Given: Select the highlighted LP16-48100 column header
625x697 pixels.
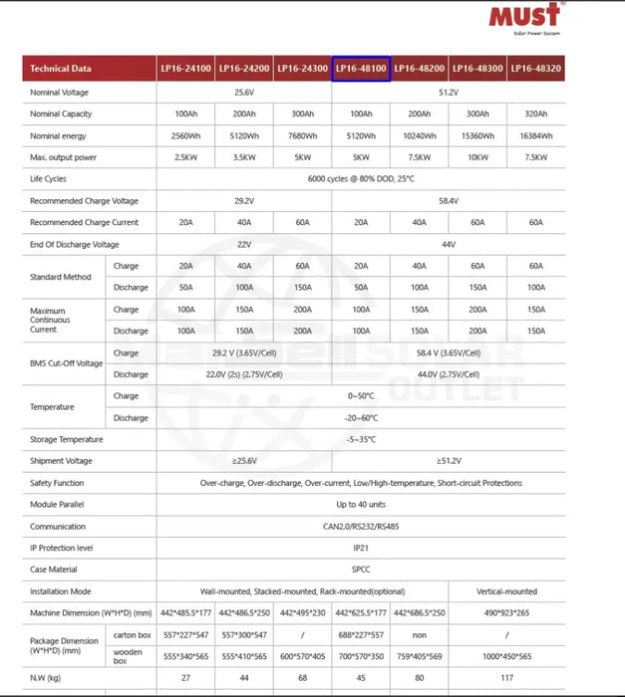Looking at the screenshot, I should point(361,69).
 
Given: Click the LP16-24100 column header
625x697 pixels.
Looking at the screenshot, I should point(185,69).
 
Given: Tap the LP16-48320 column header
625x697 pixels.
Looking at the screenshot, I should point(535,69).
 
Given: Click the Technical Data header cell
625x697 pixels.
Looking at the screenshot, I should point(61,69).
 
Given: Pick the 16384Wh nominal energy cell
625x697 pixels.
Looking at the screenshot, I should point(535,135).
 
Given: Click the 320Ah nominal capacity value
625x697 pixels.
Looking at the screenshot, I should point(535,114).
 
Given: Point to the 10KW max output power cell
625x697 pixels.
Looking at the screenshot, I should point(477,157).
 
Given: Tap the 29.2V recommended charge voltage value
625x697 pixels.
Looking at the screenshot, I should point(243,201).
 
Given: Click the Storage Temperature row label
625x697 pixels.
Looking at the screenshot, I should point(67,439).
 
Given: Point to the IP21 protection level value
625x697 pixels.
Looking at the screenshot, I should point(361,548).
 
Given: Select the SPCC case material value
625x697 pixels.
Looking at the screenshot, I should point(361,570).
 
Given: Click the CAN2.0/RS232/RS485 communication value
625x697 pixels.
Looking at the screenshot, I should point(361,527).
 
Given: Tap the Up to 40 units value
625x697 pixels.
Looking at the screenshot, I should point(361,505).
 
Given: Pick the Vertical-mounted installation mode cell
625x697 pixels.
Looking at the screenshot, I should point(506,591).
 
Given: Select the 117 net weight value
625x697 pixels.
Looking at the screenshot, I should point(506,677).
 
